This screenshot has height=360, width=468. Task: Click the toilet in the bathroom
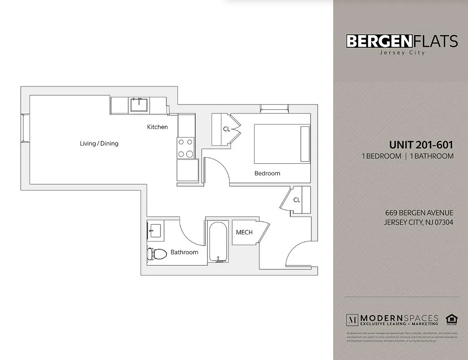pos(155,253)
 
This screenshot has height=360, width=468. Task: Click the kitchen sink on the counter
pos(139,105)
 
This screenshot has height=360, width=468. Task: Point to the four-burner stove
pos(185,148)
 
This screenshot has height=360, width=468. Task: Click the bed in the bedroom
pos(282,144)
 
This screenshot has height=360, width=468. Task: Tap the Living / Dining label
pos(99,144)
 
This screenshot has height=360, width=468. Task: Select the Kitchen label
pos(157,127)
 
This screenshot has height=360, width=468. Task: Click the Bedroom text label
pos(267,173)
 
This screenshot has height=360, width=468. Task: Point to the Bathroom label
pos(184,252)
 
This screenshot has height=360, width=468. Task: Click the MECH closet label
pos(244,232)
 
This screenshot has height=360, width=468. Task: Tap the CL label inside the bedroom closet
pos(226,129)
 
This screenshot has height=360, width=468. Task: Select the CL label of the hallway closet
pos(297,200)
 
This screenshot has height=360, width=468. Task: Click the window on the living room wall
pos(26,128)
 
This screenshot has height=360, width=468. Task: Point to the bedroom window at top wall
pos(274,107)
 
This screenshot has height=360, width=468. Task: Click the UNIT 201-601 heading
pos(421,145)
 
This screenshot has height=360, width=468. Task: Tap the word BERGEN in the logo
pos(379,41)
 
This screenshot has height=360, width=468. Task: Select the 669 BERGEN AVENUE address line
pos(419,213)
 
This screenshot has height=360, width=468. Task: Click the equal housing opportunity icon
pos(450,319)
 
